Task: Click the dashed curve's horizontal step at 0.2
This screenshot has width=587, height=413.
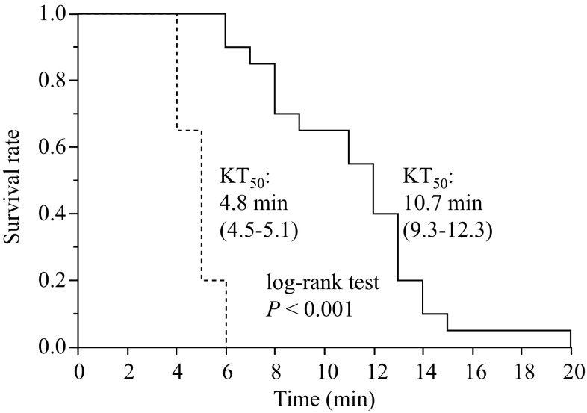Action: coord(213,281)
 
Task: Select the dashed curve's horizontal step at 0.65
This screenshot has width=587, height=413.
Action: coord(188,131)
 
